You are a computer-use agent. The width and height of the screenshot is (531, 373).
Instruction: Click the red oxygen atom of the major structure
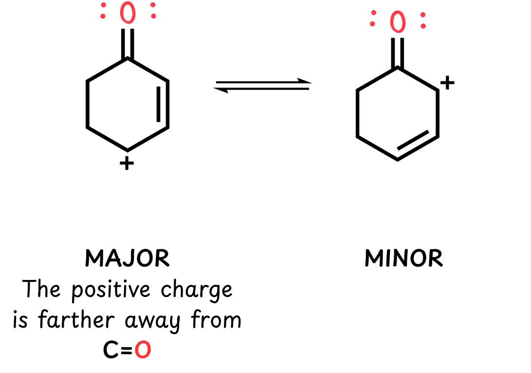tap(128, 13)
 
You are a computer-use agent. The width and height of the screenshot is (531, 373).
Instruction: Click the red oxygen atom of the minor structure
tap(398, 22)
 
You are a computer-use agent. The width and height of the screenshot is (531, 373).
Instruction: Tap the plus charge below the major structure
tap(127, 163)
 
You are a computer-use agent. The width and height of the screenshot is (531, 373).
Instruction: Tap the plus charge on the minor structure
tap(447, 83)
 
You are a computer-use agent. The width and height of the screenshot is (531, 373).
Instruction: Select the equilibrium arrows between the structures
tap(262, 85)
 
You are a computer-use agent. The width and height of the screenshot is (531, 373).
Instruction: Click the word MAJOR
tap(127, 259)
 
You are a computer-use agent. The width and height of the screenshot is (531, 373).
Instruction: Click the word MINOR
tap(403, 259)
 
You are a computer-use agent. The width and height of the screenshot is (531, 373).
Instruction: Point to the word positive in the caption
tap(111, 290)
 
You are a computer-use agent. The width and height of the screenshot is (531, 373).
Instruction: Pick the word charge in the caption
tap(197, 290)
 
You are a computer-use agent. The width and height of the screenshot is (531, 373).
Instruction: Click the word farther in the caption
tap(76, 319)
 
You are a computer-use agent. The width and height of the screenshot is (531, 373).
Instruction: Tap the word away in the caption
tap(152, 321)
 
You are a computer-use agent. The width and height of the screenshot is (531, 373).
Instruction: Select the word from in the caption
tap(216, 319)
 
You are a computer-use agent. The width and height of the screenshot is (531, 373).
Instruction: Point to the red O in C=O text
tap(143, 350)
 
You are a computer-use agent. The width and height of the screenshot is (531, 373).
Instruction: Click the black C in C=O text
tap(111, 350)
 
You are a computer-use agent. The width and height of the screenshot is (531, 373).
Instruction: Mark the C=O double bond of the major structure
tap(128, 43)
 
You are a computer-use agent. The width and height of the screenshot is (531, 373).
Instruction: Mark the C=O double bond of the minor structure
tap(398, 53)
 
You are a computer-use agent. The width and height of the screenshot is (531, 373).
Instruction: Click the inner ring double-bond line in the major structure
tap(159, 104)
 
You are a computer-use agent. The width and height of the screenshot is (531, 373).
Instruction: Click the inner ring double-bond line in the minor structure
tap(413, 140)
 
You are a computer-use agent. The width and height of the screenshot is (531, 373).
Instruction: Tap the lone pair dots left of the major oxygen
tap(103, 11)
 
